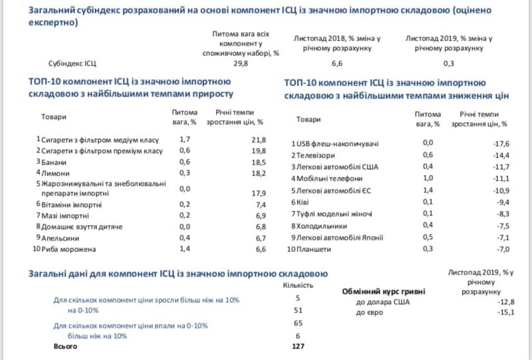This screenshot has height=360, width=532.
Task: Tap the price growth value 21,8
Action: click(259, 139)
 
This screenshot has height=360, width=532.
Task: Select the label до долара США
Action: click(384, 301)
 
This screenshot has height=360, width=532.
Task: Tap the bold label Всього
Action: click(66, 347)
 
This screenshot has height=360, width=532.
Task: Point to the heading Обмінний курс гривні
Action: click(385, 291)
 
